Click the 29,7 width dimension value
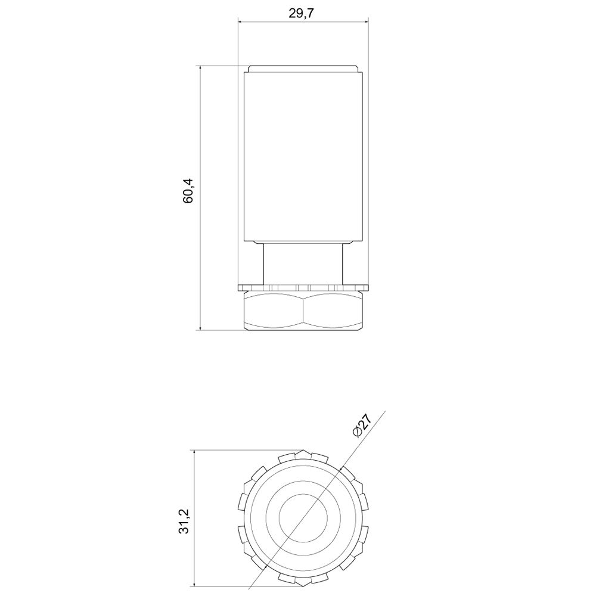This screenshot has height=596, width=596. (x=302, y=13)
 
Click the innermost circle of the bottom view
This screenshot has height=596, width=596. (x=303, y=517)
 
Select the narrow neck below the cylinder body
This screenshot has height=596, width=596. (x=303, y=264)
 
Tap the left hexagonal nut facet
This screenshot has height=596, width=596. (x=274, y=310)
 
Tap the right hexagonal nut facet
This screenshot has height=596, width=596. (x=333, y=310)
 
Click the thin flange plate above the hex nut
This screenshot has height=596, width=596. (x=303, y=287)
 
